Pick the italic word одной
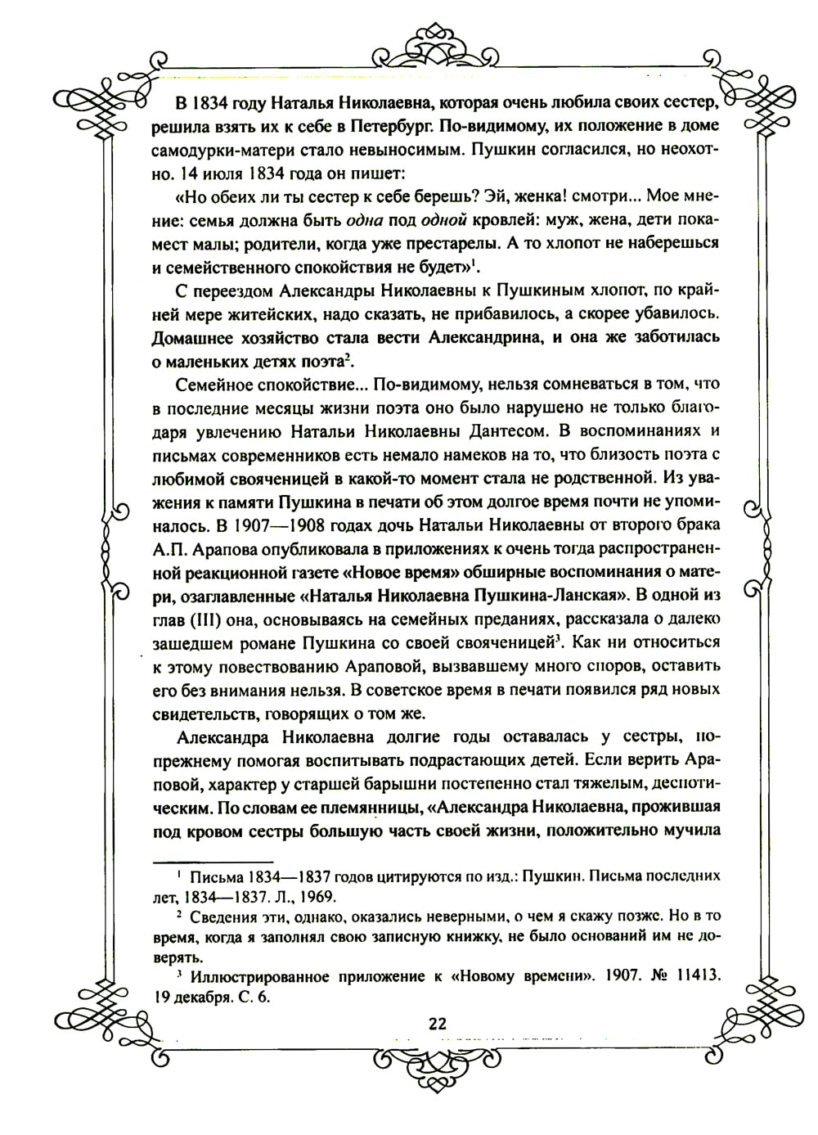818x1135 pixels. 445,220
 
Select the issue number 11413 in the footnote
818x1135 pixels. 688,975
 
